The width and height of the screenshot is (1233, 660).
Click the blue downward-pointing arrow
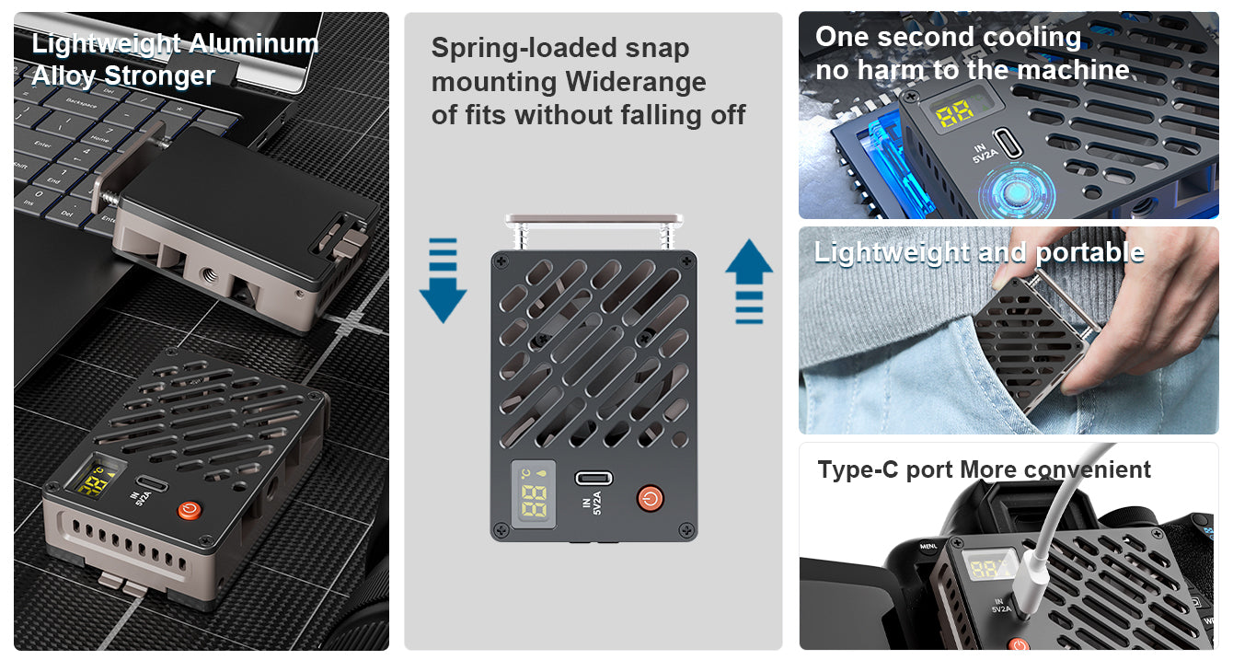(x=444, y=281)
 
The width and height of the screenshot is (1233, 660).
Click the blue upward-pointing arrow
(x=749, y=281)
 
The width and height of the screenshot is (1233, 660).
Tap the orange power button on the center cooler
(x=650, y=498)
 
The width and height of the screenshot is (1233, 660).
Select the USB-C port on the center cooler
(x=593, y=478)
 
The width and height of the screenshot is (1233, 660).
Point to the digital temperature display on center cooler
(x=533, y=493)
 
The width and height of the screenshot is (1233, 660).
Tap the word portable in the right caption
(x=1089, y=252)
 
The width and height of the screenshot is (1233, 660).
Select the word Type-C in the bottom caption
(x=858, y=469)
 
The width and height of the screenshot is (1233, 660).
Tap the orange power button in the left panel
(x=190, y=509)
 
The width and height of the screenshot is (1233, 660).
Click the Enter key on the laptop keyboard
(x=43, y=145)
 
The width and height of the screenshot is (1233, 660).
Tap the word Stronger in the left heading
(x=159, y=76)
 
